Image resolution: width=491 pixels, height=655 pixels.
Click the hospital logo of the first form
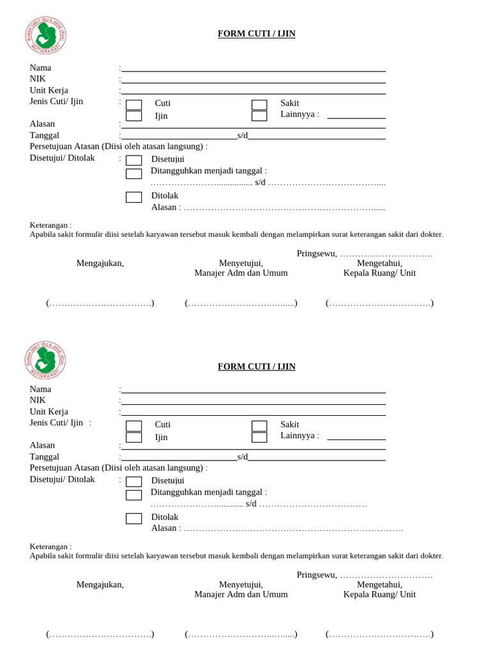click(45, 35)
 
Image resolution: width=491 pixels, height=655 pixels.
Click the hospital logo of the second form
click(45, 359)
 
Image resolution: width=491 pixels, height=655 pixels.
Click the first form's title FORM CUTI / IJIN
click(256, 34)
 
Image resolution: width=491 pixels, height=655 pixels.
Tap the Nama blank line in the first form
click(253, 68)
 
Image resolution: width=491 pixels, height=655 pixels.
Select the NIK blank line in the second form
click(253, 400)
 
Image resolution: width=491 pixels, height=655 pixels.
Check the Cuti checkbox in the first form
click(134, 105)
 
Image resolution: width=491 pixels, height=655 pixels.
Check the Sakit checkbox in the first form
click(259, 105)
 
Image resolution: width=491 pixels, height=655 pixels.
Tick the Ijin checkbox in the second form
click(134, 438)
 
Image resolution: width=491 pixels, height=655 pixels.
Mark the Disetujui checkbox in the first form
click(134, 160)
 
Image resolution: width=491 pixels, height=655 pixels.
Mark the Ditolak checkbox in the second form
click(134, 519)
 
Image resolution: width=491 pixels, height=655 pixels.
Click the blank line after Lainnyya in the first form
click(356, 115)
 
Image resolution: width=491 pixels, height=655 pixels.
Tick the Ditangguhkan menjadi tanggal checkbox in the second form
click(134, 495)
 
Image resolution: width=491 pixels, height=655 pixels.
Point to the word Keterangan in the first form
click(51, 225)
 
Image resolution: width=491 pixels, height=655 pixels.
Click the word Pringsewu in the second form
click(316, 575)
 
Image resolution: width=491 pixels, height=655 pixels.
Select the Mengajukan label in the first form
click(100, 263)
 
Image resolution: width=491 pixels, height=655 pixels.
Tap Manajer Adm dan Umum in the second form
click(241, 594)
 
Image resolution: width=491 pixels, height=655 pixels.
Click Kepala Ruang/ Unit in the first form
click(379, 272)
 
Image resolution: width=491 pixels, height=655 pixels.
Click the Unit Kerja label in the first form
click(49, 90)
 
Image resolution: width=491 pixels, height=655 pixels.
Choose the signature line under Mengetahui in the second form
click(379, 634)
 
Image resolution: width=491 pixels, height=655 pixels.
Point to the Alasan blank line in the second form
click(253, 447)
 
